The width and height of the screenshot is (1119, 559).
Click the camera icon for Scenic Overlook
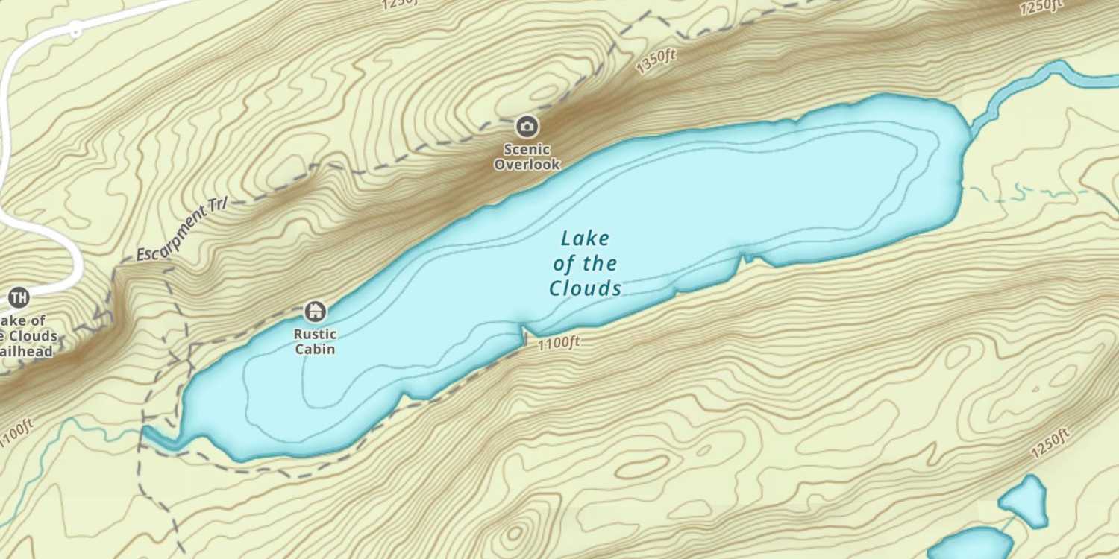(527, 127)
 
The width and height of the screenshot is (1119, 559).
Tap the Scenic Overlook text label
(527, 157)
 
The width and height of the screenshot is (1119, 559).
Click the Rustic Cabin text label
(315, 341)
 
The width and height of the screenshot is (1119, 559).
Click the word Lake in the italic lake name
(585, 239)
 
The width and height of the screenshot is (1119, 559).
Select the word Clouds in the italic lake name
(585, 288)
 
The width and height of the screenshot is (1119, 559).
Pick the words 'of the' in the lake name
(585, 263)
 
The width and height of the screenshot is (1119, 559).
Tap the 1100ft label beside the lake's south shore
(558, 343)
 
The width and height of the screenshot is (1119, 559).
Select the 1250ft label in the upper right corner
(1040, 7)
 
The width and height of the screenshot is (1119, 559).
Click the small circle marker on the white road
(75, 30)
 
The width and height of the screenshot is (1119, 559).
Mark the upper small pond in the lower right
(1025, 499)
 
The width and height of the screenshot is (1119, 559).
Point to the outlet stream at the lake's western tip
(160, 440)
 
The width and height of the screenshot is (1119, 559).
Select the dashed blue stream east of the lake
(1029, 194)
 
